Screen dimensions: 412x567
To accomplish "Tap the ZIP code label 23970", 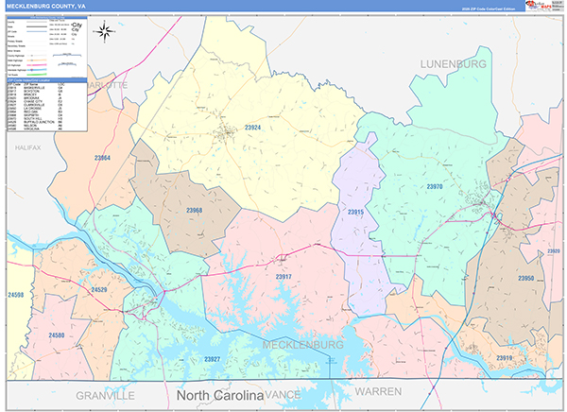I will (x=434, y=187).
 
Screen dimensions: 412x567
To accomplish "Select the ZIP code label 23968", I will (x=194, y=210).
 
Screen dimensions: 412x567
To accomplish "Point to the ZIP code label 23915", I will (x=355, y=213).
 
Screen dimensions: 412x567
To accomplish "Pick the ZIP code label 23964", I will (x=102, y=158).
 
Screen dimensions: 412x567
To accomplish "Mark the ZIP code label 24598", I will (x=14, y=295).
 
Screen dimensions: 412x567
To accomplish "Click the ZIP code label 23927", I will (x=212, y=359).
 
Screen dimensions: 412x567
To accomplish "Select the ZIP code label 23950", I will (x=525, y=279).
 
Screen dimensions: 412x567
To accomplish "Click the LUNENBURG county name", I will (x=453, y=63).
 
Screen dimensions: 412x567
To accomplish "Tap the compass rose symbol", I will (x=105, y=31).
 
